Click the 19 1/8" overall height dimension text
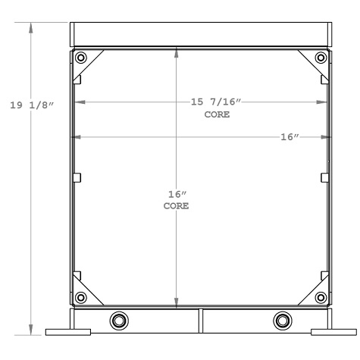(x=31, y=105)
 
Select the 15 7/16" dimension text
(x=216, y=102)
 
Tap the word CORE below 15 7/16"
(x=216, y=115)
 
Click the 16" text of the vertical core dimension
(x=177, y=194)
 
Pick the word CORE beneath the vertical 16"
(x=177, y=206)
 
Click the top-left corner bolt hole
(x=81, y=58)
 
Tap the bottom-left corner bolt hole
(x=81, y=296)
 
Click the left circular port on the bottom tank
(x=119, y=319)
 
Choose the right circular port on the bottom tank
(x=283, y=319)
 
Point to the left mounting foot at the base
(x=68, y=331)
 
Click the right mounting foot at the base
(x=333, y=331)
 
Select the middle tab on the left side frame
(x=77, y=177)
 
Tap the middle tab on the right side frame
(x=325, y=177)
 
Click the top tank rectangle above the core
(x=201, y=34)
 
